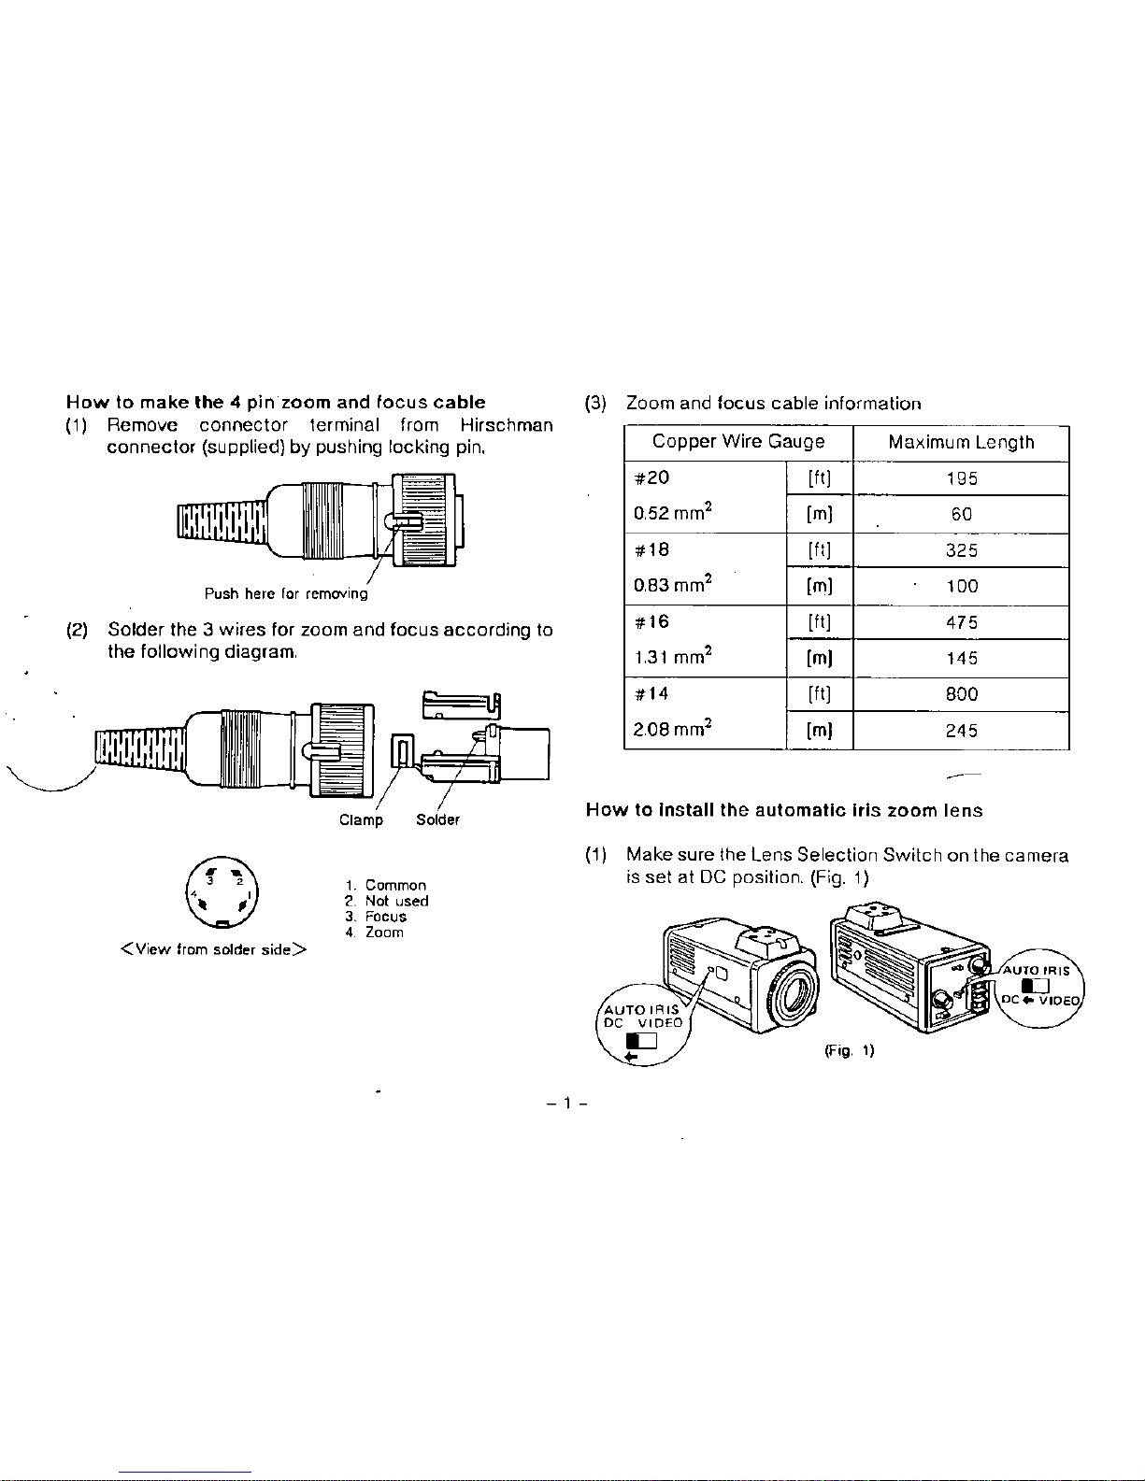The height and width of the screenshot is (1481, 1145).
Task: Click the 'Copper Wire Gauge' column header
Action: pos(738,442)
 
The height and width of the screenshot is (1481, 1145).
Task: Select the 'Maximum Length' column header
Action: pos(961,442)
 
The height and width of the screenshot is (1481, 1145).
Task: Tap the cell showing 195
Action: pos(962,478)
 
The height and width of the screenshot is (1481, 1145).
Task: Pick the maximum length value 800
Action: pos(962,694)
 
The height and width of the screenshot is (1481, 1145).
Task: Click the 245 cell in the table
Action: pos(962,731)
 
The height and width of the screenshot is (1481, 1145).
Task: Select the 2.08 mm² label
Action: pos(673,729)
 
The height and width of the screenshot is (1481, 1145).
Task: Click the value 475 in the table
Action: pos(962,622)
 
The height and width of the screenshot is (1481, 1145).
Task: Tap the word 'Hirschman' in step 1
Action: pos(507,425)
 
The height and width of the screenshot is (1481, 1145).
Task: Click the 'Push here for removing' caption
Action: pos(286,593)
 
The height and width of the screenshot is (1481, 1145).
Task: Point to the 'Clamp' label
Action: pos(361,819)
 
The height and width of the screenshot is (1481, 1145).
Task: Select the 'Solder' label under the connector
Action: pos(438,819)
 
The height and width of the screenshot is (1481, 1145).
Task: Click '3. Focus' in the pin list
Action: pos(376,917)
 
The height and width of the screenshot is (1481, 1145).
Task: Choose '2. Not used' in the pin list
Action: pos(386,901)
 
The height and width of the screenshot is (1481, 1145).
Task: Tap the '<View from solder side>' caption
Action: pos(214,949)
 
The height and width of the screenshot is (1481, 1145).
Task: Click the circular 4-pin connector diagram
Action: pos(222,892)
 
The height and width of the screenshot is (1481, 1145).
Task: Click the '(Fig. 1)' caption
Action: pos(850,1050)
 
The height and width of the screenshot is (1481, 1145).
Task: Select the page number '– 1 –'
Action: pos(566,1103)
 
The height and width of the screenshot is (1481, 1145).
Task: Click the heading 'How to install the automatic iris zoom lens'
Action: pos(784,810)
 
